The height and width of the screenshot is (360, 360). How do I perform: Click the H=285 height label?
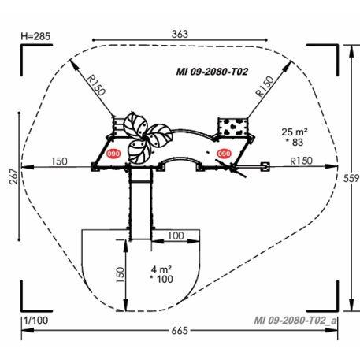[35, 36]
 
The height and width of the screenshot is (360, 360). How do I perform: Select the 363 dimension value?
[180, 34]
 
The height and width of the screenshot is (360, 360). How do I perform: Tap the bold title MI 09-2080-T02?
[212, 72]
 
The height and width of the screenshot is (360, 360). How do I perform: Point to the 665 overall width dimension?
[180, 331]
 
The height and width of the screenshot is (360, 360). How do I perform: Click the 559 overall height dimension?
[351, 179]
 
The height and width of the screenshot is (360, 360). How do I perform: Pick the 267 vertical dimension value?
[13, 176]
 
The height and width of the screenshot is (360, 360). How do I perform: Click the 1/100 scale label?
[36, 321]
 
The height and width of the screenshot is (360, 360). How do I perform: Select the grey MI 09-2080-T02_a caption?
[295, 321]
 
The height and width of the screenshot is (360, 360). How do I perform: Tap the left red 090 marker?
[113, 154]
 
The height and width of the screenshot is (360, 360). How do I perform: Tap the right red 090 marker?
[224, 154]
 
